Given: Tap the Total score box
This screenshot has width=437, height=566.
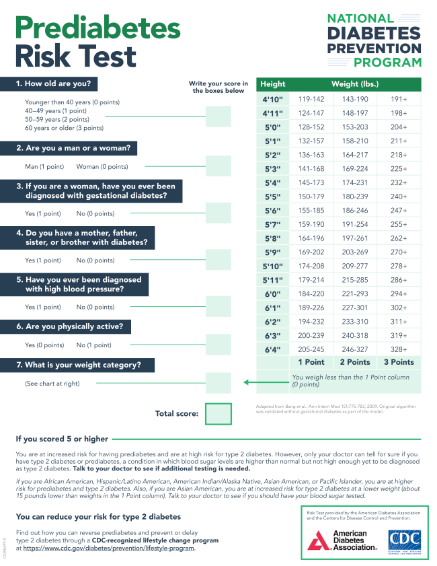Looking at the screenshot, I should tap(218, 414).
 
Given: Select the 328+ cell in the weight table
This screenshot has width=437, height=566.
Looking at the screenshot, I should tap(398, 349).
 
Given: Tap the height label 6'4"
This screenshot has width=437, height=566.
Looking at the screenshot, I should tap(273, 349).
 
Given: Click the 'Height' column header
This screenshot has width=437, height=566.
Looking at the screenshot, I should tap(273, 84).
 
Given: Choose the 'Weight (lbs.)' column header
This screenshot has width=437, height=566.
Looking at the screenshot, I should tap(355, 84).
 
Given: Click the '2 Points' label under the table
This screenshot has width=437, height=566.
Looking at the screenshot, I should tap(355, 362).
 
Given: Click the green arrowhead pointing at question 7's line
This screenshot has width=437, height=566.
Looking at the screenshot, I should tap(247, 383).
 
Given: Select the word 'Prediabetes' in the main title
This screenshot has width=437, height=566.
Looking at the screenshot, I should tap(98, 28).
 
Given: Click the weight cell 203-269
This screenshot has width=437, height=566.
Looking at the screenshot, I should tap(355, 252).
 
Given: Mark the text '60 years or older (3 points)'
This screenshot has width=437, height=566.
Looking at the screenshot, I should tap(64, 128).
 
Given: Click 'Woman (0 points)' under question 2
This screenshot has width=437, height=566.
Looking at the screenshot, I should tap(102, 166).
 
